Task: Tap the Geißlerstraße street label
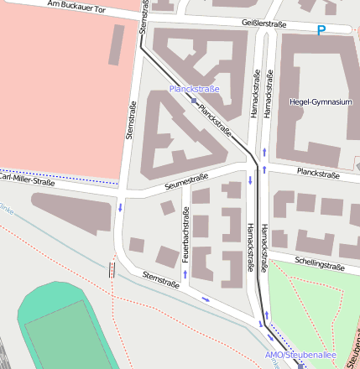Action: (x=269, y=24)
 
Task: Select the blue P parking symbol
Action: (x=321, y=31)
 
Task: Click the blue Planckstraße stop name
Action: (x=194, y=89)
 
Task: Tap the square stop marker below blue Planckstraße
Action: (x=194, y=101)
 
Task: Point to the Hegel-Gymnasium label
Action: (x=319, y=102)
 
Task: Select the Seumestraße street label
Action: (x=186, y=180)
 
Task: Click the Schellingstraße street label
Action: (x=320, y=264)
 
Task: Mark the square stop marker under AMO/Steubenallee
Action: (x=300, y=366)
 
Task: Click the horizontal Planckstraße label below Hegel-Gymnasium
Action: (x=316, y=175)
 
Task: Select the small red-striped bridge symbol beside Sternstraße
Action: (x=112, y=270)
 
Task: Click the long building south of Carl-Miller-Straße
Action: (x=72, y=213)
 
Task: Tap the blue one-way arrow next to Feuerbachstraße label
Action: (x=185, y=274)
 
